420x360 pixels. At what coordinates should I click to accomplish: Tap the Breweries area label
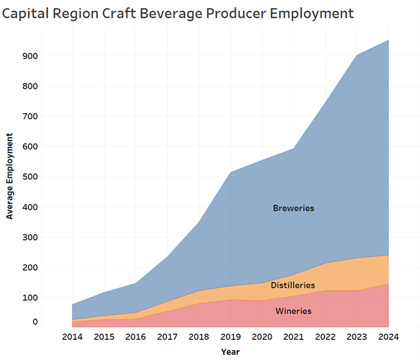pos(293,208)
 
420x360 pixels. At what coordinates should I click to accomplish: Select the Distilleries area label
pos(293,285)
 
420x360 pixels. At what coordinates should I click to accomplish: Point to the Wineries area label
pos(293,311)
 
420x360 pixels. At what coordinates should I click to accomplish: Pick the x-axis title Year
pos(230,351)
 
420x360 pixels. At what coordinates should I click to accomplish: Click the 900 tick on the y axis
pos(30,56)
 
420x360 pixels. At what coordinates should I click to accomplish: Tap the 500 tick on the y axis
pos(30,177)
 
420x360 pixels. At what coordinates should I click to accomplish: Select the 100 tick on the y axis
pos(30,297)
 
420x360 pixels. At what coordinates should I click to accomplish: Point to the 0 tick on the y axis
pos(35,322)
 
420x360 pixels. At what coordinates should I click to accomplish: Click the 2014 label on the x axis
pos(73,337)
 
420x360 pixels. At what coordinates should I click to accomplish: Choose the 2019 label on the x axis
pos(230,337)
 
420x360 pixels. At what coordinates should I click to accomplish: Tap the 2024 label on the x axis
pos(388,337)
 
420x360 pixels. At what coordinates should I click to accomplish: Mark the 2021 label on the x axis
pos(293,337)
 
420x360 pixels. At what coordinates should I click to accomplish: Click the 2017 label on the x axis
pos(167,337)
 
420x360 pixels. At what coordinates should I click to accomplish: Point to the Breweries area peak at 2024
pos(388,40)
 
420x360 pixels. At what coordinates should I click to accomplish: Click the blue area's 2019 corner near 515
pos(230,172)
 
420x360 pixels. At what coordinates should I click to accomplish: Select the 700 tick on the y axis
pos(30,116)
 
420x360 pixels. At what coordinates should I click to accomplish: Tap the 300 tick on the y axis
pos(30,237)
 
